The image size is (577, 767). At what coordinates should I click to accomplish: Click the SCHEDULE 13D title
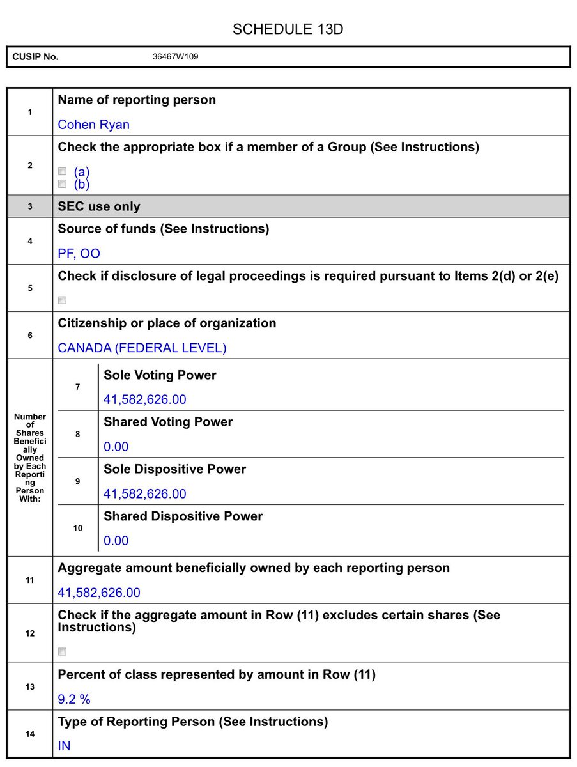pos(288,29)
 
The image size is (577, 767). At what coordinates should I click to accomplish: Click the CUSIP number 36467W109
pos(175,57)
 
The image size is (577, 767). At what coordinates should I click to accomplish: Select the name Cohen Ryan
pos(93,125)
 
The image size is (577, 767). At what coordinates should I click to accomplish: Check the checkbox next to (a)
pos(63,171)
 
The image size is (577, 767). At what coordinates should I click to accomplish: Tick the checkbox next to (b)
pos(63,184)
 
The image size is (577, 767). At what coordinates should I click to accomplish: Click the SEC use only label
pos(99,206)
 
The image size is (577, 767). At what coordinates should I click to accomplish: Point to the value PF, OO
pos(79,254)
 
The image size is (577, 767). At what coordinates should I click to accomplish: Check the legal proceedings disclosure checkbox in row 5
pos(63,300)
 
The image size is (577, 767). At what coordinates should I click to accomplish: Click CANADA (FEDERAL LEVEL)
pos(142,348)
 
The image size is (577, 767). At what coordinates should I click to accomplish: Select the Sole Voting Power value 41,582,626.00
pos(145,400)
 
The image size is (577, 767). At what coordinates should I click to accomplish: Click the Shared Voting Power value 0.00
pos(116,447)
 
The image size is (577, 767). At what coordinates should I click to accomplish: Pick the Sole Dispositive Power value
pos(145,494)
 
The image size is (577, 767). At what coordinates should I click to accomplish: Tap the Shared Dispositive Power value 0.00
pos(116,541)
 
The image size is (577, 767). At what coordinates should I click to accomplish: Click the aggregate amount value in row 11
pos(99,593)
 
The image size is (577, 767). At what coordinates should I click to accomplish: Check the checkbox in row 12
pos(63,652)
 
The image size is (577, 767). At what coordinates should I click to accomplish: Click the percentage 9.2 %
pos(74,700)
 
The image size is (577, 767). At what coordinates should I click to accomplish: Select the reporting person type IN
pos(64,747)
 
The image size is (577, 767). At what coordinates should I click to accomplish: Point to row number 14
pos(30,734)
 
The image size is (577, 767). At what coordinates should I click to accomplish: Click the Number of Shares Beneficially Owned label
pos(30,458)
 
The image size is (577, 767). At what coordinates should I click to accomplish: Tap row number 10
pos(78,529)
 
